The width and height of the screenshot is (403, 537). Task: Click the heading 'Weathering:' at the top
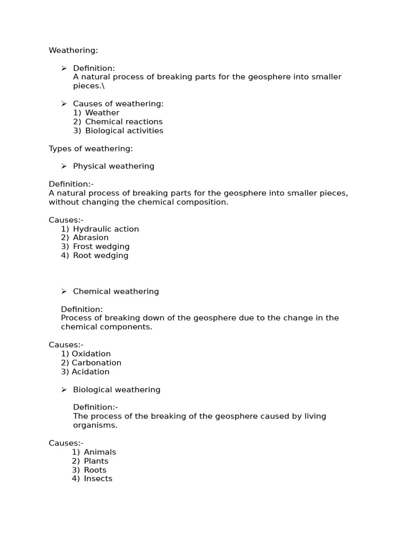coord(73,50)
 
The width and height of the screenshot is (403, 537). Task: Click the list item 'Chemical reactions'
coord(124,122)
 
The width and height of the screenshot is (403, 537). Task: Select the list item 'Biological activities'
coord(124,131)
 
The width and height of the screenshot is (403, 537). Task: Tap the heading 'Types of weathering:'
coord(91,148)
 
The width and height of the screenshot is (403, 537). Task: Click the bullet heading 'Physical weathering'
coord(113,166)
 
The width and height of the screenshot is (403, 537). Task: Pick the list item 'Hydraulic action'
coord(106,229)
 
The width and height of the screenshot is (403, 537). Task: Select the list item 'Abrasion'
coord(91,238)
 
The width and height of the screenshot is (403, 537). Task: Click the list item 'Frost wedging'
coord(101,246)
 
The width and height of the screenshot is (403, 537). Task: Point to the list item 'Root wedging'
coord(101,255)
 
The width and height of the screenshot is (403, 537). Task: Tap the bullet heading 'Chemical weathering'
coord(115,291)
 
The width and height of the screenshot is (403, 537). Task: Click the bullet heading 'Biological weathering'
coord(116,390)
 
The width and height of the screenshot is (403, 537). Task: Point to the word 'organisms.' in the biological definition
coord(95,425)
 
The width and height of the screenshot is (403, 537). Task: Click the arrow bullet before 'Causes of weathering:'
coord(64,104)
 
